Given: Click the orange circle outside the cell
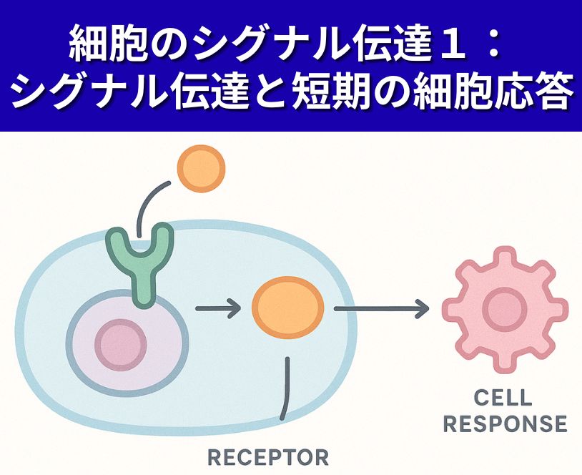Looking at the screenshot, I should [201, 168].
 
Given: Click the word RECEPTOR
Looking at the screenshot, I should [267, 456].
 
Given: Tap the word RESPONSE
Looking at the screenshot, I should [505, 423].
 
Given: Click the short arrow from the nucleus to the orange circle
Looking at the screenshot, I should [217, 310].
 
